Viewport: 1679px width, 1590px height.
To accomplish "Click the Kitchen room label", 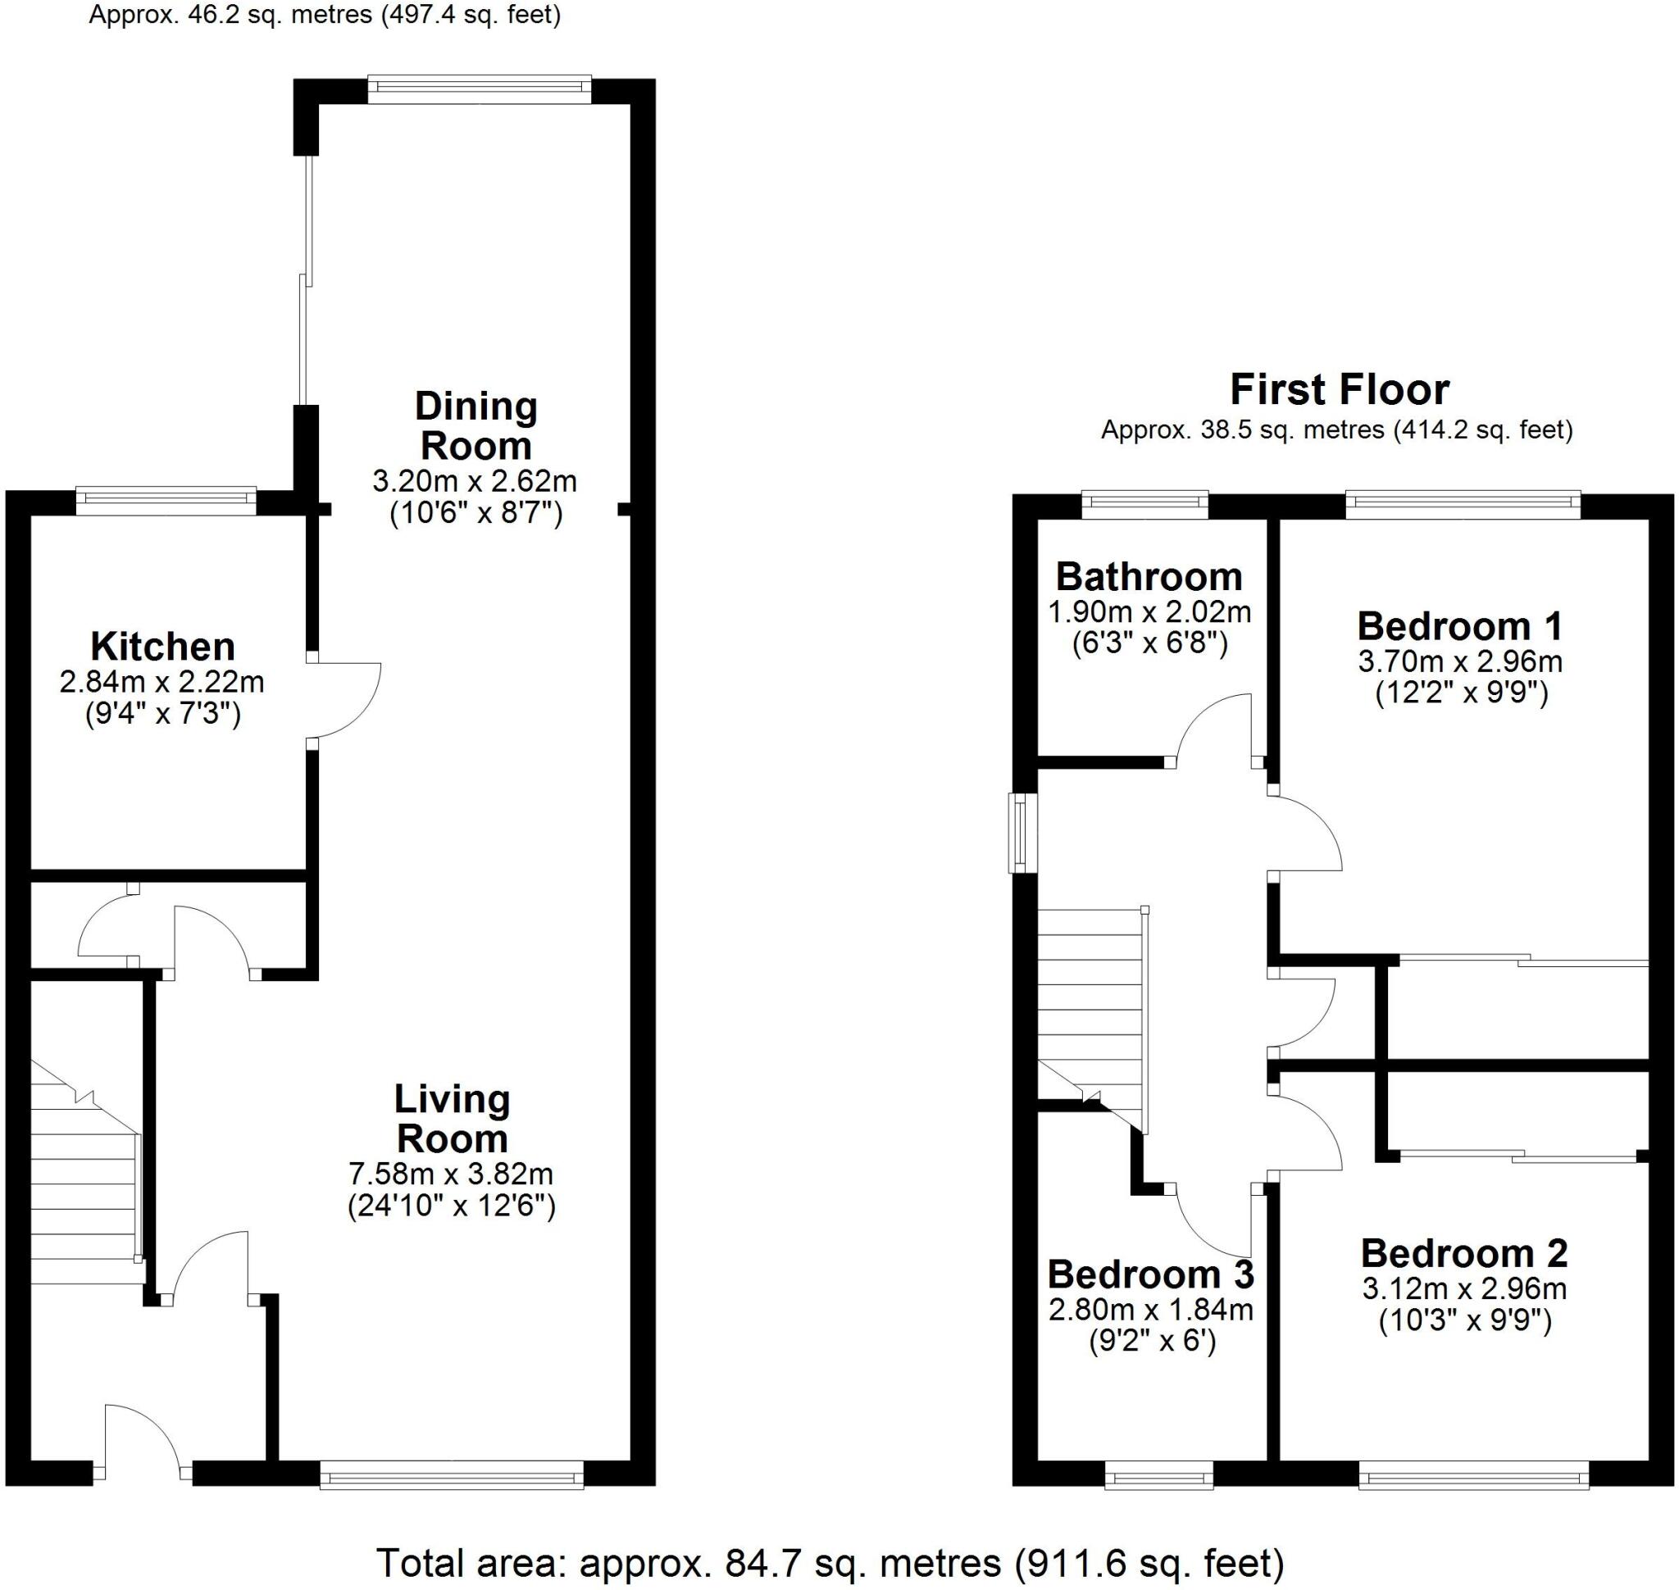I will (x=162, y=647).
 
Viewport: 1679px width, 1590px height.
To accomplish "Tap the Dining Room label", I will (x=475, y=426).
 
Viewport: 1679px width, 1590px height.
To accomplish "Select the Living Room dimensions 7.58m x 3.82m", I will (x=450, y=1174).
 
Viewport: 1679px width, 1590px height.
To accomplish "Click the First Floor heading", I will (x=1339, y=390).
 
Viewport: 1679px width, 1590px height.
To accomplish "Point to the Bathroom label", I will (x=1149, y=577).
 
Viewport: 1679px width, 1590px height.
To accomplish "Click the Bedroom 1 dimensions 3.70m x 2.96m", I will (x=1459, y=661).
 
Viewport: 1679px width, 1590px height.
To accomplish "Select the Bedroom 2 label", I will (x=1463, y=1253).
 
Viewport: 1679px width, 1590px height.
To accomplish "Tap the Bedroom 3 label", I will (x=1150, y=1274).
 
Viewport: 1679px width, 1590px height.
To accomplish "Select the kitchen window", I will (x=166, y=500).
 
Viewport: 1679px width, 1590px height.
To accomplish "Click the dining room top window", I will (x=480, y=89).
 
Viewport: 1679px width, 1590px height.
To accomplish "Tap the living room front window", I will (x=452, y=1500).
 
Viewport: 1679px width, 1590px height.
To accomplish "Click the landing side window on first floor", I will (x=1022, y=834).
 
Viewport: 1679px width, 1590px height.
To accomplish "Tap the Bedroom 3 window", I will (x=1158, y=1500).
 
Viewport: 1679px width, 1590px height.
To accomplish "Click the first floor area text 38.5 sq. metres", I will (x=1336, y=430).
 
